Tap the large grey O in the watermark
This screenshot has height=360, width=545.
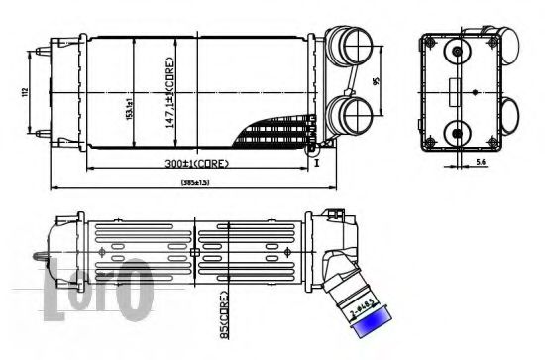pos(136,288)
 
